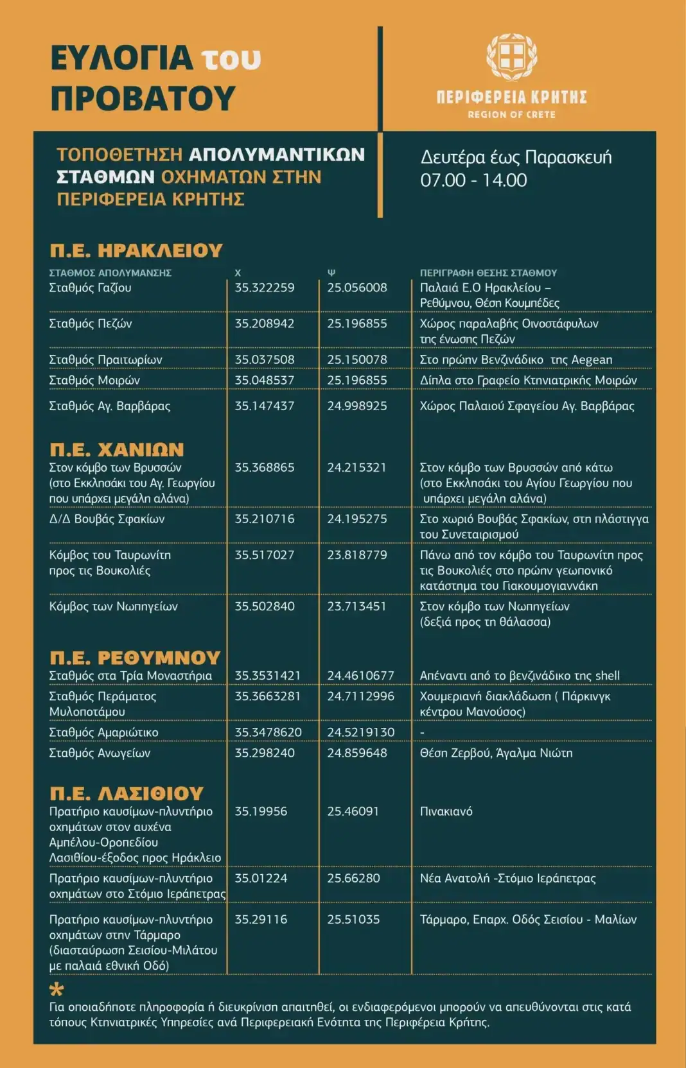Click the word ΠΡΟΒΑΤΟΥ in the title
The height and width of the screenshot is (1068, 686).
(143, 98)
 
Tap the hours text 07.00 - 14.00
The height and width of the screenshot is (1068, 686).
(473, 180)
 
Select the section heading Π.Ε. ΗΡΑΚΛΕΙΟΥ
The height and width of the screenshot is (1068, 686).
(136, 250)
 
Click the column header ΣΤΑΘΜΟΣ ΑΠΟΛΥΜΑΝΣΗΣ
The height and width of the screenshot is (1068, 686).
(110, 273)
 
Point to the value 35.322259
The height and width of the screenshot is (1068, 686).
(265, 288)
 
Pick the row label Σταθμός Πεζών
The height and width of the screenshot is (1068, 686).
(91, 323)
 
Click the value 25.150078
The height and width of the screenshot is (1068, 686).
(357, 359)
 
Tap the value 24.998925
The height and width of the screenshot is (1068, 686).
(357, 406)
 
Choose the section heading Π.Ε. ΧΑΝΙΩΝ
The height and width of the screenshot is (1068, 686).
(117, 449)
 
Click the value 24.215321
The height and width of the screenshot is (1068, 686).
(356, 467)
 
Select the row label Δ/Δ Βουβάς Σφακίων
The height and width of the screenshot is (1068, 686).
(107, 519)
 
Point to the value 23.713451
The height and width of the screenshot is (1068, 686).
(356, 606)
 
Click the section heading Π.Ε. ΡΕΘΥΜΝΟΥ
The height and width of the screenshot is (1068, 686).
(135, 657)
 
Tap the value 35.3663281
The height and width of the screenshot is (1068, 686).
(267, 696)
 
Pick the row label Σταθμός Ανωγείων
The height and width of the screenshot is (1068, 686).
(100, 752)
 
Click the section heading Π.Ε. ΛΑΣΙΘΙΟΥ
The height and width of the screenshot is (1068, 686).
(127, 793)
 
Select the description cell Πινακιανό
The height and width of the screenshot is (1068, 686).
(446, 811)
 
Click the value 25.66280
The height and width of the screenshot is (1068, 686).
(353, 878)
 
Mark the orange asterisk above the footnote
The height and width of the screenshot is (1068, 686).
(57, 989)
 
